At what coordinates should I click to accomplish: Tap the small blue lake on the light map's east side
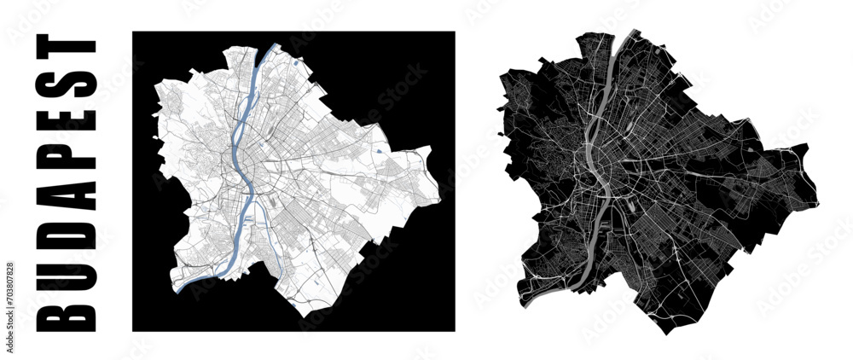(x=376, y=151)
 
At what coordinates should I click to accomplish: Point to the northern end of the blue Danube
(x=275, y=47)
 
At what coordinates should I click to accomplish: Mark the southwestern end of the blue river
(x=177, y=290)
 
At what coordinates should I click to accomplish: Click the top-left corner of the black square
(x=133, y=32)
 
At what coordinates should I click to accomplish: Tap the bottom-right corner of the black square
(x=454, y=330)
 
